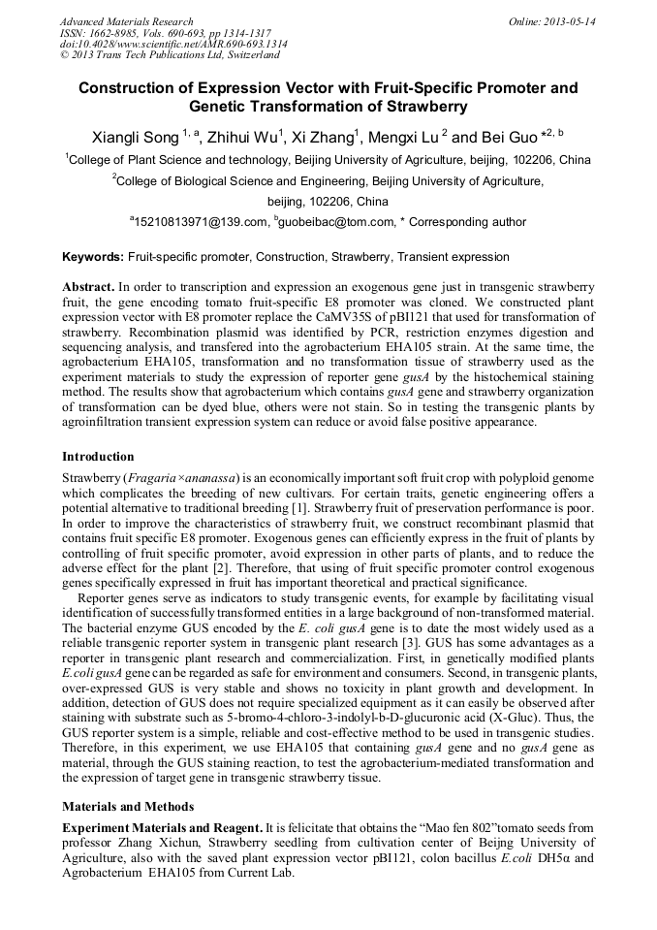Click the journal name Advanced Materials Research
click(126, 21)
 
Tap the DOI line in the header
click(173, 45)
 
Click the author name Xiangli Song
click(134, 138)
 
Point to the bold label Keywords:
click(93, 257)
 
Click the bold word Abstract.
click(87, 288)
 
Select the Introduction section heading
click(98, 456)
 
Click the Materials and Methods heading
click(128, 806)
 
